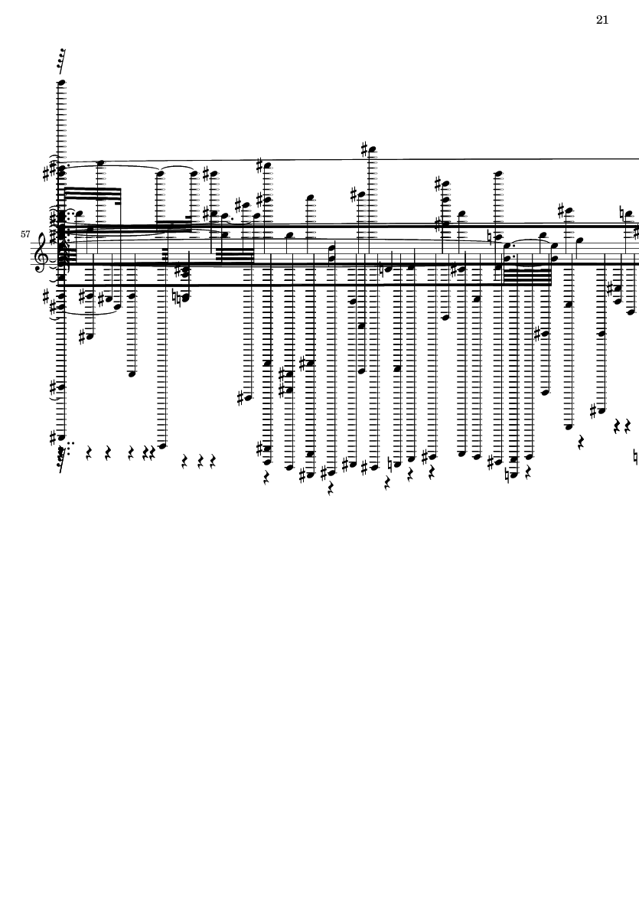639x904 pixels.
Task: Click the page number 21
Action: [602, 20]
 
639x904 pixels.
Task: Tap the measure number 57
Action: [27, 234]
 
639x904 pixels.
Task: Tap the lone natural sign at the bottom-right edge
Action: [637, 458]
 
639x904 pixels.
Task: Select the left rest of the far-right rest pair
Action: [618, 426]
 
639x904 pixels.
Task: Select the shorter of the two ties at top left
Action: [176, 169]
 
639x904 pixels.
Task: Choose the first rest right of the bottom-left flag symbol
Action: [89, 453]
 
